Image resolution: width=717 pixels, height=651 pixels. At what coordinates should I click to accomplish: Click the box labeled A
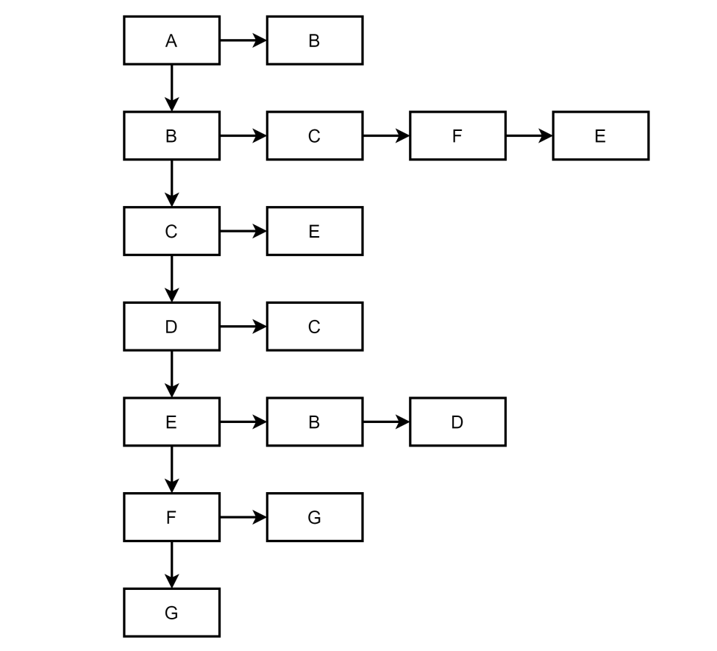tap(171, 40)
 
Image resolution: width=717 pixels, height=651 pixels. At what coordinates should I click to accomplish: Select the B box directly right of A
tap(314, 40)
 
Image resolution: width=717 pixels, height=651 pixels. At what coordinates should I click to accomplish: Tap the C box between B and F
tap(314, 135)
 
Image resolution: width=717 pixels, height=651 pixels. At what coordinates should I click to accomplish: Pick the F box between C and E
tap(457, 135)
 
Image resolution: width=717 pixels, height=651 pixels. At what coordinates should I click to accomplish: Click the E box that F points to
tap(600, 135)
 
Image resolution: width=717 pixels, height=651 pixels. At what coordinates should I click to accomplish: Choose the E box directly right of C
tap(314, 231)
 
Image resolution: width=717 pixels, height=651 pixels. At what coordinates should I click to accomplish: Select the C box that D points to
tap(314, 327)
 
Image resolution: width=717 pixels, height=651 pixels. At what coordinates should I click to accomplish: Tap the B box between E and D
tap(314, 421)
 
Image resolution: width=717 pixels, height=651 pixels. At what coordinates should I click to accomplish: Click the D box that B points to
tap(457, 421)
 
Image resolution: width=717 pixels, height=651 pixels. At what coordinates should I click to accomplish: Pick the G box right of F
tap(314, 517)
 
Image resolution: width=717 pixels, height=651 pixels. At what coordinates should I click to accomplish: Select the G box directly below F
tap(171, 612)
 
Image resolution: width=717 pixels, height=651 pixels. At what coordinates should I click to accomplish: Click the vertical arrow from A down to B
tap(171, 88)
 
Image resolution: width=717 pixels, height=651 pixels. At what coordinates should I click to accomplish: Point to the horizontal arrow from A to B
tap(243, 40)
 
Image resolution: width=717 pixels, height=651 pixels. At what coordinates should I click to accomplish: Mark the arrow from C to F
tap(386, 135)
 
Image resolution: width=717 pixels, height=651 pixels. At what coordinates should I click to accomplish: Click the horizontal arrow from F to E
tap(529, 135)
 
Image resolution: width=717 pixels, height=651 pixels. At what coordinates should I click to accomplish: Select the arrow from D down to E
tap(171, 374)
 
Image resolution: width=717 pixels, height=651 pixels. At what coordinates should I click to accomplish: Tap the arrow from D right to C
tap(243, 327)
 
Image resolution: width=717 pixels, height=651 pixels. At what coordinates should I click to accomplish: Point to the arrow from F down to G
tap(171, 565)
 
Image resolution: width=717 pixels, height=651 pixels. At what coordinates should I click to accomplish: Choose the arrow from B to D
tap(386, 421)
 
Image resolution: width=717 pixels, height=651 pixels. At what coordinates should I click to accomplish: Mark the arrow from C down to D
tap(171, 279)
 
